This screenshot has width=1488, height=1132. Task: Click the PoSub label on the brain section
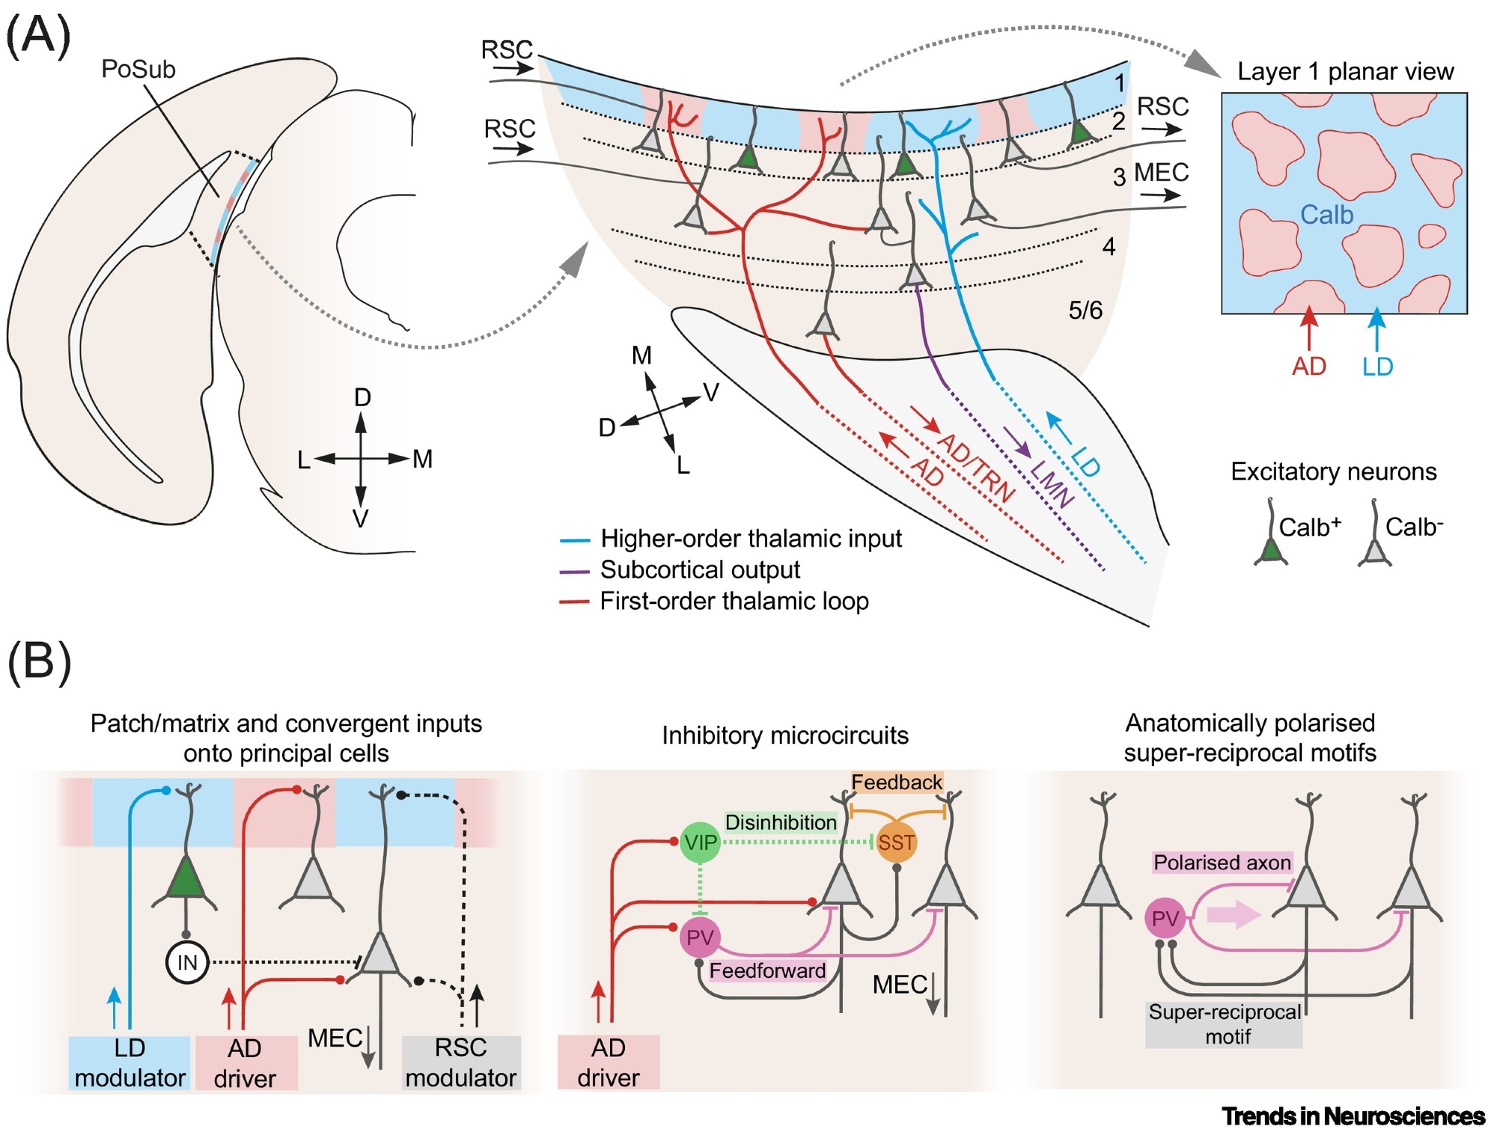[138, 69]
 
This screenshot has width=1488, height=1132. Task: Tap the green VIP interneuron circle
[700, 843]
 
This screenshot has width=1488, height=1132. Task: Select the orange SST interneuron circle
[896, 843]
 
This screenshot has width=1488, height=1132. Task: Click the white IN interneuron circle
[187, 962]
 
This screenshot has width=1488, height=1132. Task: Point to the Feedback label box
[897, 782]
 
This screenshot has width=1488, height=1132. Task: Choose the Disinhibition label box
[780, 823]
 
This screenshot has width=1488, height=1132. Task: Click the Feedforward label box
[767, 971]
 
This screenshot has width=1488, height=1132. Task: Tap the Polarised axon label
[1222, 863]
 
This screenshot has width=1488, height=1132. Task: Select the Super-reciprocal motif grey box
[1224, 1024]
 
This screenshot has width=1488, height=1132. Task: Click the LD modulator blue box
[130, 1063]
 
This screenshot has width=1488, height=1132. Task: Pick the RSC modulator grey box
[461, 1063]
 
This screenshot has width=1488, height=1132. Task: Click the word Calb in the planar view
[1327, 215]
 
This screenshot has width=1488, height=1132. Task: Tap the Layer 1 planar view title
[1345, 71]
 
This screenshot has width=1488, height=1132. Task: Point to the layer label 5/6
[1085, 310]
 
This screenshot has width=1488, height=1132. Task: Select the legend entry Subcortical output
[699, 570]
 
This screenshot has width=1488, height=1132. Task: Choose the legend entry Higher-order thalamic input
[750, 538]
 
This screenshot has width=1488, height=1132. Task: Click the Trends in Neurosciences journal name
[1353, 1116]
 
